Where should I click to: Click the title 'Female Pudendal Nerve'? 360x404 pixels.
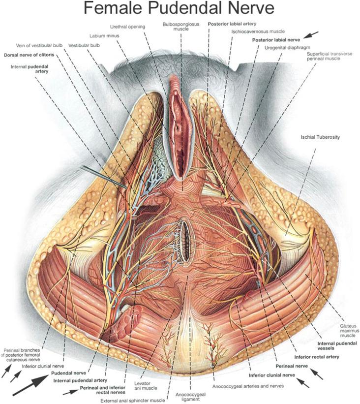pos(180,9)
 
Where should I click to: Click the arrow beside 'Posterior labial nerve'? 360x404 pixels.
pos(310,35)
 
